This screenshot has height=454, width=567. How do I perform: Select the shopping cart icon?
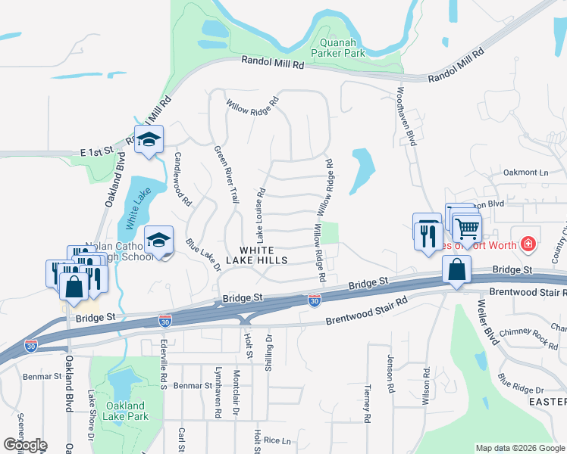pos(468,226)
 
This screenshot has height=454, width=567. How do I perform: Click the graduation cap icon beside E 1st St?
pos(149,141)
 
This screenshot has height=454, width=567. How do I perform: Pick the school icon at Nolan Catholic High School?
pos(159,241)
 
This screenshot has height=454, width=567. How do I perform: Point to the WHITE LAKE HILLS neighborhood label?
pos(263,255)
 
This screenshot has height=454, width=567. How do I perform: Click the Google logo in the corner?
pos(24,446)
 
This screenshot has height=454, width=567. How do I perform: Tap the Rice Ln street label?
pos(277,440)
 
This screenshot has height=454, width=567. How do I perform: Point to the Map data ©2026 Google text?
pos(520,448)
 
